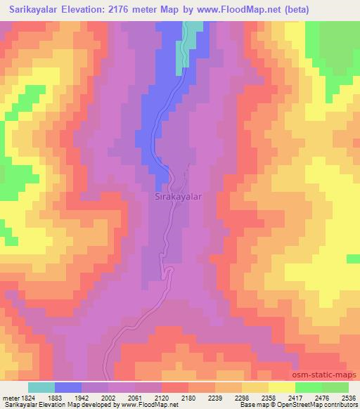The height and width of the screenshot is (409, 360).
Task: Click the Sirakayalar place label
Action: tap(178, 197)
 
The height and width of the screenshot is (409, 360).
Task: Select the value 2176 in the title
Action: tap(125, 10)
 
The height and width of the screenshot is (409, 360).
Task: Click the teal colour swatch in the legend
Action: tap(41, 387)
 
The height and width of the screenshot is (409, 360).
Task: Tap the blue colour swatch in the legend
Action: tap(69, 387)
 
